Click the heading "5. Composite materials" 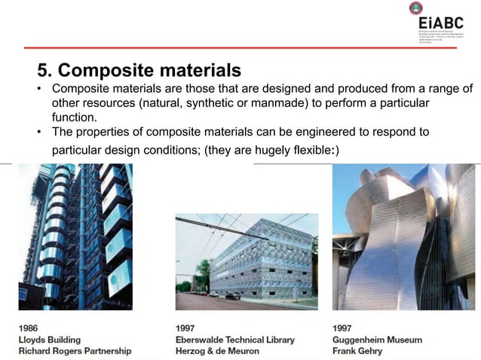pos(139,71)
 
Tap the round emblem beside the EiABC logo pos(416,9)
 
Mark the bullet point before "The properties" pos(41,133)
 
